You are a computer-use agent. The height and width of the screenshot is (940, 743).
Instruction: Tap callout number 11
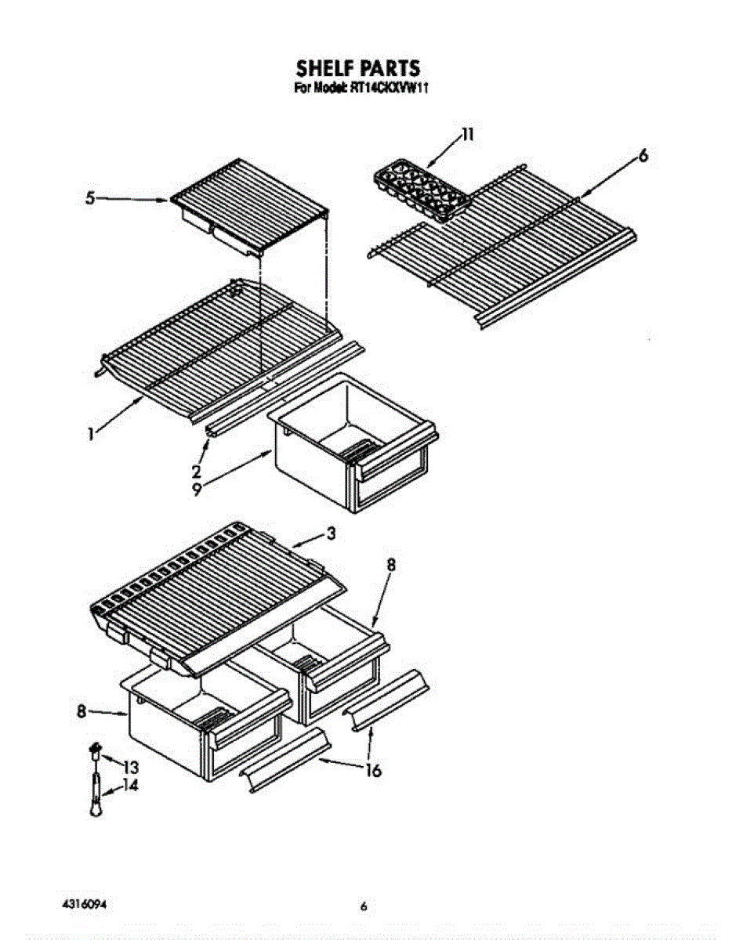click(468, 134)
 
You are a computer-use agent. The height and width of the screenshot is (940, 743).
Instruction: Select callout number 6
click(643, 156)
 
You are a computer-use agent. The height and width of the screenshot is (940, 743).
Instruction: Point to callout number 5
click(91, 199)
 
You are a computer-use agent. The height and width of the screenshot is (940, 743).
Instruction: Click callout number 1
click(92, 432)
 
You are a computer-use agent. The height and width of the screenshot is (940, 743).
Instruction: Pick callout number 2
click(196, 472)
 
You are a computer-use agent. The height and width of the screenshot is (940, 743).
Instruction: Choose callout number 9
click(196, 490)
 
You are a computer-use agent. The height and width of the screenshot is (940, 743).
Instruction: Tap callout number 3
click(331, 533)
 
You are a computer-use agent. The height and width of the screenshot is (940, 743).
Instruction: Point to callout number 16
click(373, 771)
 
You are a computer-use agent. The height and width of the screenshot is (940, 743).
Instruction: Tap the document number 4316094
click(85, 904)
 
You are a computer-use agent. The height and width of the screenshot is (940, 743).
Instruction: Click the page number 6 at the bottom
click(364, 907)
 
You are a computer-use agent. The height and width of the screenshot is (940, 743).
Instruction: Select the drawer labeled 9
click(353, 439)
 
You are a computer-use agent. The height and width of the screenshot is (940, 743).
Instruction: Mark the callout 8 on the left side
click(81, 711)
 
